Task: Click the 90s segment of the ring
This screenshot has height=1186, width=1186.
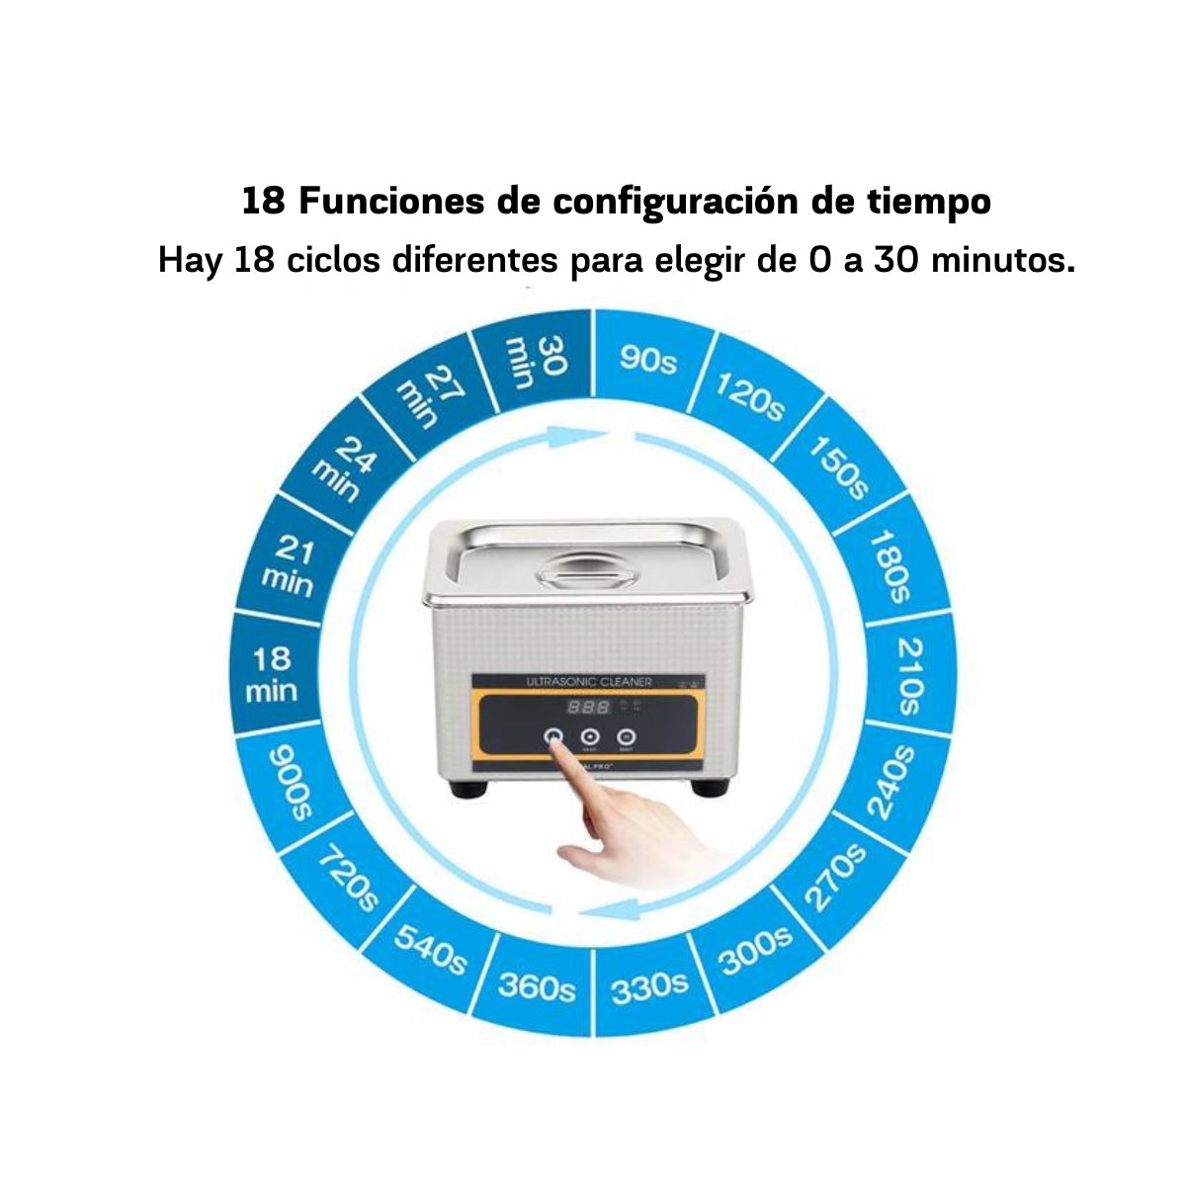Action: pos(647,360)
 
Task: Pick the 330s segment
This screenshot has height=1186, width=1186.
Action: pos(649,985)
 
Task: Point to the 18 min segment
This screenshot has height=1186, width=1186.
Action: pos(272,674)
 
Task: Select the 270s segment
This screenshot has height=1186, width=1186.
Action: pos(835,876)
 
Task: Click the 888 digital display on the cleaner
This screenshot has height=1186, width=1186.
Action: pos(588,708)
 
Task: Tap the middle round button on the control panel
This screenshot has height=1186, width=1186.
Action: pos(590,736)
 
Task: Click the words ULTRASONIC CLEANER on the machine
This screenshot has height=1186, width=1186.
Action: pos(587,682)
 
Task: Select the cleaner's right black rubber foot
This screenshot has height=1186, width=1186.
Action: pos(711,788)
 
